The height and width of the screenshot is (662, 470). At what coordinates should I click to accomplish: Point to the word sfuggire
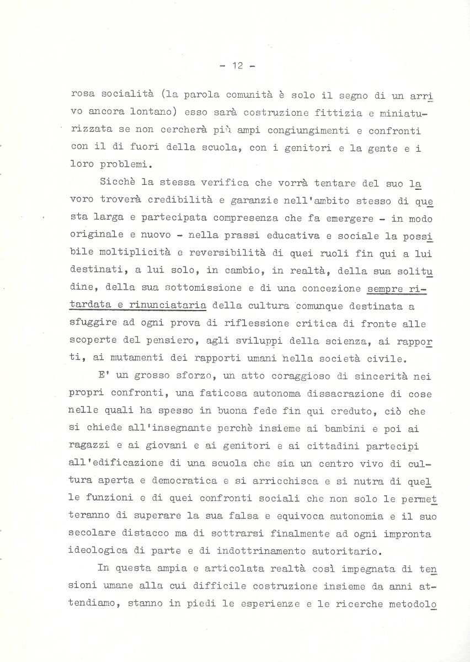93,324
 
